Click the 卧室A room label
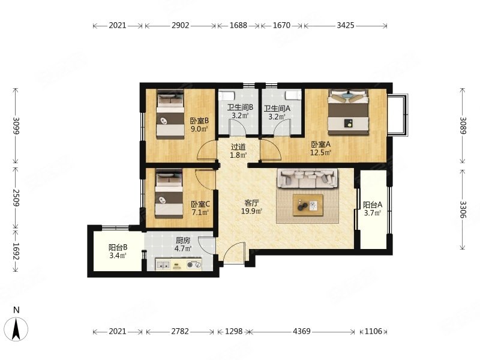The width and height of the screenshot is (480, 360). [x=321, y=144]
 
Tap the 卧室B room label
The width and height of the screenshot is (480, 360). [x=199, y=121]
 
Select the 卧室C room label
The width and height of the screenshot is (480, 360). [x=200, y=204]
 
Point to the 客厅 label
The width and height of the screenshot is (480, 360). [x=251, y=203]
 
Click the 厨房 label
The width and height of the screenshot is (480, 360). [x=183, y=241]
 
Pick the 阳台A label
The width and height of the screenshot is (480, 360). [x=372, y=205]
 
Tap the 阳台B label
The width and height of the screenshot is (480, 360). [x=118, y=247]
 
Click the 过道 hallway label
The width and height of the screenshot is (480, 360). [x=238, y=147]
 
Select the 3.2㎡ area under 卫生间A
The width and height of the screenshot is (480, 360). [x=277, y=116]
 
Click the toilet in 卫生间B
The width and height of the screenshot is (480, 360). [x=227, y=95]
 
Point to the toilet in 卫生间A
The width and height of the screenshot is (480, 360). [x=293, y=95]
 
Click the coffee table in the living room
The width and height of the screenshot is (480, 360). [x=308, y=205]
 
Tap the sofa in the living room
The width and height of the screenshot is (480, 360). [x=308, y=178]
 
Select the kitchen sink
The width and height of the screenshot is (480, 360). [x=163, y=265]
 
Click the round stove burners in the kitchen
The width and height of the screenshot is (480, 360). [x=194, y=265]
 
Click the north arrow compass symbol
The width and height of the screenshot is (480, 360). [x=17, y=329]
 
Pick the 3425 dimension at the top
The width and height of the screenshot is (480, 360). [x=346, y=25]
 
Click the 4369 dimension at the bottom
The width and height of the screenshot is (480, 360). [x=302, y=331]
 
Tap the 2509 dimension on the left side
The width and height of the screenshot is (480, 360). [x=16, y=198]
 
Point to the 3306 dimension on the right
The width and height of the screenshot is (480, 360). [x=463, y=209]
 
